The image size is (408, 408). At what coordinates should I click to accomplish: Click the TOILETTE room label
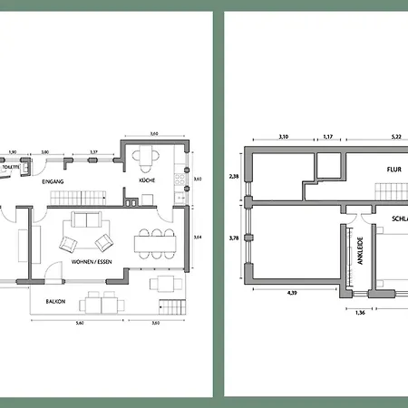tap(12, 167)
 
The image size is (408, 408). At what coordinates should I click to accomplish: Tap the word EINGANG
tap(53, 182)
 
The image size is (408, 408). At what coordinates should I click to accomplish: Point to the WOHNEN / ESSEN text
tap(91, 262)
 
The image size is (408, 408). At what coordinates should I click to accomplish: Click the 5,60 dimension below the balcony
tap(82, 324)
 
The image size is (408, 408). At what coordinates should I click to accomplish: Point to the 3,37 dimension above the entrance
tap(92, 151)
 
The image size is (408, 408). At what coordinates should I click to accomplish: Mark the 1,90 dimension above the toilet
tap(13, 151)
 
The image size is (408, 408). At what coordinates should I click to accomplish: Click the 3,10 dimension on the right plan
tap(282, 137)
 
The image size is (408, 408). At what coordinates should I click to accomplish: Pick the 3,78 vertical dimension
tap(234, 239)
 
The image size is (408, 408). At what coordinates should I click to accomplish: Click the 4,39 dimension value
tap(292, 293)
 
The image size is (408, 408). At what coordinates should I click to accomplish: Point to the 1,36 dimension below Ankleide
tap(359, 312)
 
